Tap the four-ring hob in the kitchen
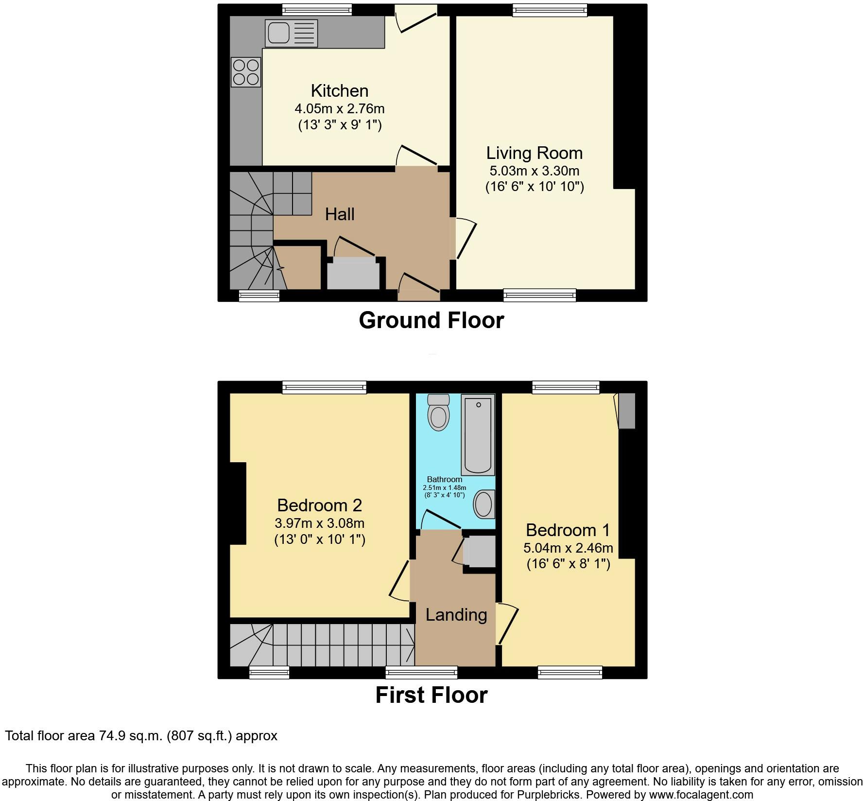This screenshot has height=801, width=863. [x=246, y=72]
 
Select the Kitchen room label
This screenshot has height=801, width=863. [x=340, y=91]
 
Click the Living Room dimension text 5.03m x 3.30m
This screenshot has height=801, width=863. [x=535, y=171]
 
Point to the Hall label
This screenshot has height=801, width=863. [x=340, y=214]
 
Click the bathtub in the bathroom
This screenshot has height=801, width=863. [x=478, y=435]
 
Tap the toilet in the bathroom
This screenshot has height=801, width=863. [x=438, y=412]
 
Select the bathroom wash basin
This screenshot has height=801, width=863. [x=484, y=504]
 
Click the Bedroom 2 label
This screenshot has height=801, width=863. [x=320, y=505]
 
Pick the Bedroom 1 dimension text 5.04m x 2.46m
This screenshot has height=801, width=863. [x=568, y=548]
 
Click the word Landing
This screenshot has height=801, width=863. [x=456, y=615]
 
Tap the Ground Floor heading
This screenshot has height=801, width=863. [x=431, y=321]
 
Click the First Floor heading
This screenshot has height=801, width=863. [x=431, y=695]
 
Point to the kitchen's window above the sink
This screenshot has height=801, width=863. [x=317, y=9]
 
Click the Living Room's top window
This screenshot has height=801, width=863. [x=550, y=10]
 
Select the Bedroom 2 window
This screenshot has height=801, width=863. [x=325, y=387]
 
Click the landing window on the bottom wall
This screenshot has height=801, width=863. [x=421, y=672]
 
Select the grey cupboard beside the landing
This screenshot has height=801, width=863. [x=479, y=551]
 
